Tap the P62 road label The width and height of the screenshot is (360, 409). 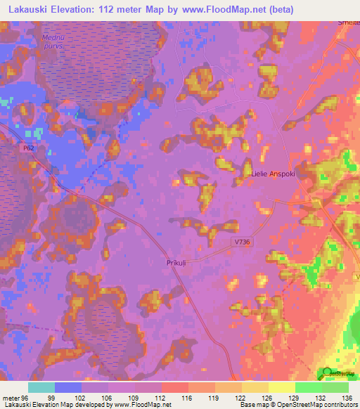tap(27, 148)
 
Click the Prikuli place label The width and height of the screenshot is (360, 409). tap(176, 262)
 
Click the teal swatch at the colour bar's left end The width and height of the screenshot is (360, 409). tap(41, 388)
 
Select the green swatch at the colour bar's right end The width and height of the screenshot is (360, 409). tap(335, 388)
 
